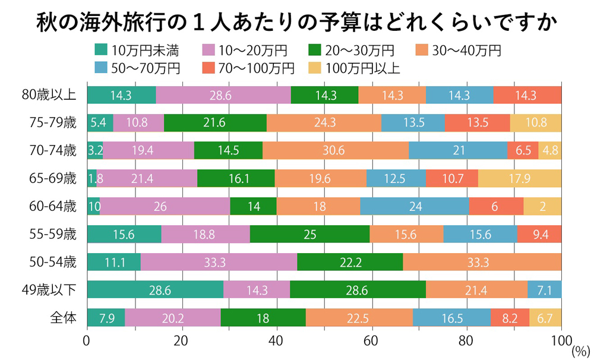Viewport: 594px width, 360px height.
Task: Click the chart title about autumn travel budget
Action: point(296,23)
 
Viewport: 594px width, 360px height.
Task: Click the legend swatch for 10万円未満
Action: point(102,50)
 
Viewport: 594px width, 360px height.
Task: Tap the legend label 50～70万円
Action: point(144,68)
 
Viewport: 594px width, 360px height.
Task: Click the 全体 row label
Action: point(64,318)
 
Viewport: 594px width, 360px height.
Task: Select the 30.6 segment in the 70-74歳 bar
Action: point(336,151)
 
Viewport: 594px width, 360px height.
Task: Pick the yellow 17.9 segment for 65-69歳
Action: point(520,178)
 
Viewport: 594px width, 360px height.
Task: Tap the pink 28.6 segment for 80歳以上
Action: point(223,95)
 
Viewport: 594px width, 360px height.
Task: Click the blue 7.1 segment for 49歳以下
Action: point(544,289)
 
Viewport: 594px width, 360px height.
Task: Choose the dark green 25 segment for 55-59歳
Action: point(309,234)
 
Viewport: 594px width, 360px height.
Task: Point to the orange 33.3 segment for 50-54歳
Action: point(482,262)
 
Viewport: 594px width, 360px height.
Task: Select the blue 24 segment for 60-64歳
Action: point(415,206)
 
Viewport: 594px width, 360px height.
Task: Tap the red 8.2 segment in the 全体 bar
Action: point(510,318)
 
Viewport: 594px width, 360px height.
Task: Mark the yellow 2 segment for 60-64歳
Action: point(542,206)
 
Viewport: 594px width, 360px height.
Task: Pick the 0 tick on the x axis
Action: point(87,341)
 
